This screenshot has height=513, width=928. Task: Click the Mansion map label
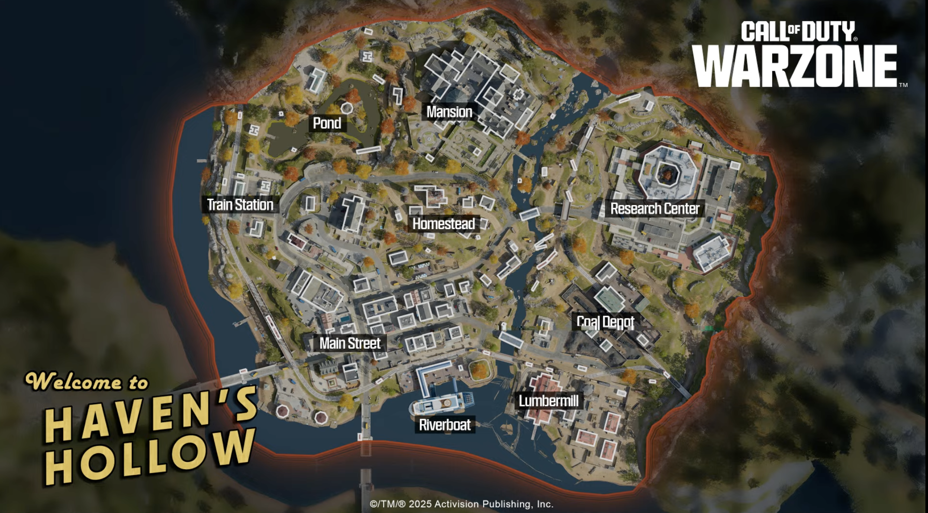pyautogui.click(x=449, y=112)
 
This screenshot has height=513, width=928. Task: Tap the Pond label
pyautogui.click(x=327, y=123)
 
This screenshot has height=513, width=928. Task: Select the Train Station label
pyautogui.click(x=240, y=205)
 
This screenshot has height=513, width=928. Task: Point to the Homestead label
pyautogui.click(x=444, y=224)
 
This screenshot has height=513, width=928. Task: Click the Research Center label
pyautogui.click(x=654, y=209)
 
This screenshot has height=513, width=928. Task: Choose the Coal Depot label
pyautogui.click(x=605, y=322)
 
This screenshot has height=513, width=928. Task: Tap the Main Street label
pyautogui.click(x=350, y=344)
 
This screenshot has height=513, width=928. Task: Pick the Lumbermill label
pyautogui.click(x=548, y=401)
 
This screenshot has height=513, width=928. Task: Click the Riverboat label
pyautogui.click(x=445, y=425)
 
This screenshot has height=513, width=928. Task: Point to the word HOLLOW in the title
pyautogui.click(x=149, y=457)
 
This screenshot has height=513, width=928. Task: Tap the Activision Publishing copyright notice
pyautogui.click(x=461, y=504)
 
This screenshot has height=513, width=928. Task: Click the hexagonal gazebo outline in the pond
pyautogui.click(x=346, y=107)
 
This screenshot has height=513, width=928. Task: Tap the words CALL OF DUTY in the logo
pyautogui.click(x=798, y=31)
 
